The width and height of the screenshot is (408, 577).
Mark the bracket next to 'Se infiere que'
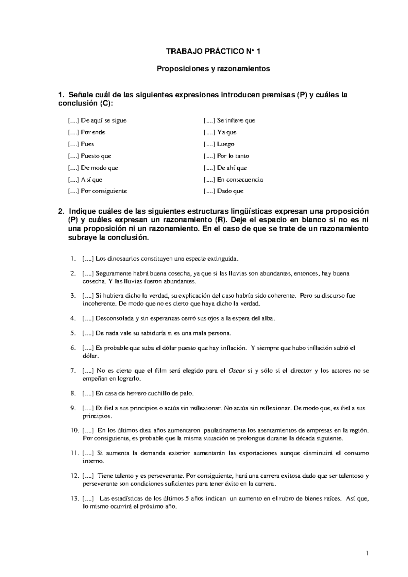point(209,120)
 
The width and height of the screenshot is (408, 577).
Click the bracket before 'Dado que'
point(209,191)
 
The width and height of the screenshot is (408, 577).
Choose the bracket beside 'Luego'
point(209,144)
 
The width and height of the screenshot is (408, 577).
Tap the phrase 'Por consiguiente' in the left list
point(104,191)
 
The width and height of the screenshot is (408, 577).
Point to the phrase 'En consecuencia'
point(240,180)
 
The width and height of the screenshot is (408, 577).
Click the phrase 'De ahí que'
point(232,168)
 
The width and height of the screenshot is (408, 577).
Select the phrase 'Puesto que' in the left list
point(96,156)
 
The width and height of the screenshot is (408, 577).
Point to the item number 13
point(74,499)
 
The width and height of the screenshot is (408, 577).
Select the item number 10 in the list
point(74,430)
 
